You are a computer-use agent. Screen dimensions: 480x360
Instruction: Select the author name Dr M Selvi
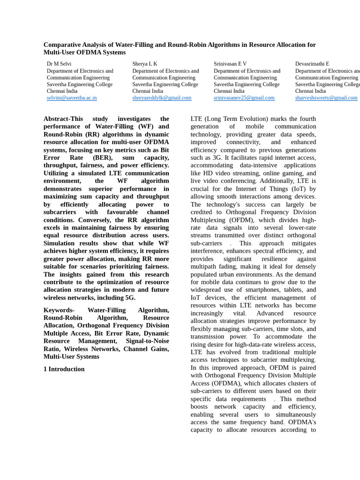pyautogui.click(x=59, y=64)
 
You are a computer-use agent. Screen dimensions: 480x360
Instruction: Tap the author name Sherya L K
pyautogui.click(x=145, y=64)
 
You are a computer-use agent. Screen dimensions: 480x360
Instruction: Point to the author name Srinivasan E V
pyautogui.click(x=230, y=64)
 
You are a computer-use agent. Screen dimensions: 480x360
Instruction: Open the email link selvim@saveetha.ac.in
pyautogui.click(x=72, y=98)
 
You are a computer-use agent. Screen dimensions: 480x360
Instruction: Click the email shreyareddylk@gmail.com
pyautogui.click(x=162, y=98)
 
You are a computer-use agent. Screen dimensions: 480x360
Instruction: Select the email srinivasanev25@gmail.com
pyautogui.click(x=244, y=98)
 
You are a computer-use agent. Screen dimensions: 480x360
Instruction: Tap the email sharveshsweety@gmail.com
pyautogui.click(x=326, y=98)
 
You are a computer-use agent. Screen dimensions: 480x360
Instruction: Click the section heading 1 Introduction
pyautogui.click(x=64, y=369)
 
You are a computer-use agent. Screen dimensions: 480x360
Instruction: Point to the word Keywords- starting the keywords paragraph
pyautogui.click(x=59, y=310)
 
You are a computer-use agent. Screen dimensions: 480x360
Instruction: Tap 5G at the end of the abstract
pyautogui.click(x=130, y=298)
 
